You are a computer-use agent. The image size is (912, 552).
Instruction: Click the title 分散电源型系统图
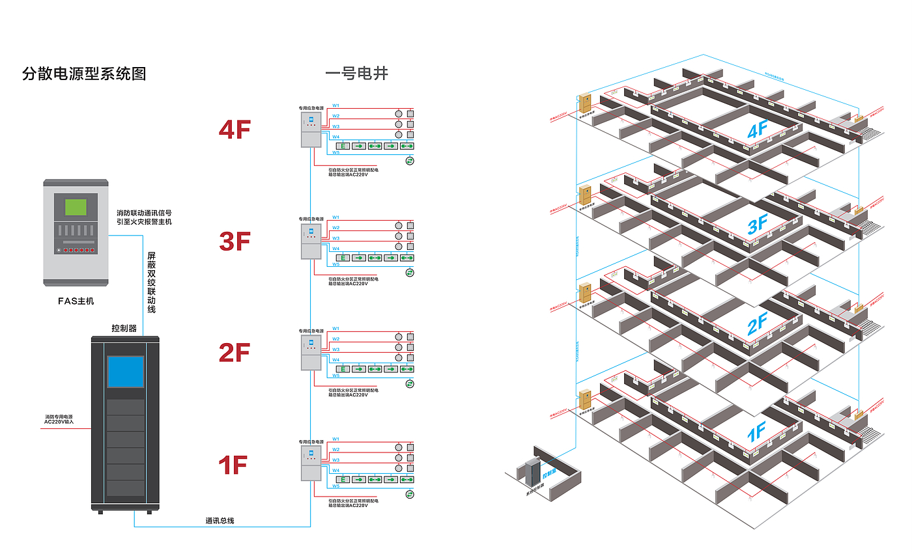coord(84,74)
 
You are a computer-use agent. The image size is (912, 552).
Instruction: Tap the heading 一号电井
coord(356,74)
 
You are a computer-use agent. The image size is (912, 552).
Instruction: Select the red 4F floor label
coord(235,130)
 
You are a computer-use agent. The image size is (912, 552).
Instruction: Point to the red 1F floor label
coord(233,465)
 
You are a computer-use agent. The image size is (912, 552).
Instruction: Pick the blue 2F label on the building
coord(757,324)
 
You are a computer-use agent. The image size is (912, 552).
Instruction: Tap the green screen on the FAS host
coord(76,208)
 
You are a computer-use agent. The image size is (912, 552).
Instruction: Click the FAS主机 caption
coord(76,301)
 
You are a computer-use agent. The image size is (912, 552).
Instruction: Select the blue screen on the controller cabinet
coord(125,372)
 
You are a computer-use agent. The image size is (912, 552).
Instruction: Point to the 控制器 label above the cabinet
coord(124,328)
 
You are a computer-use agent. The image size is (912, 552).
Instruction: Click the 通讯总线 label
coord(220,521)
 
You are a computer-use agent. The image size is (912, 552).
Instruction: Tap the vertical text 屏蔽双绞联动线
coord(151,283)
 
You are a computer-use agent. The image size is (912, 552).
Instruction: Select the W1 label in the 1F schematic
coord(336,439)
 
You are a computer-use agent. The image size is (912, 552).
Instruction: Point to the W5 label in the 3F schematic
coord(336,264)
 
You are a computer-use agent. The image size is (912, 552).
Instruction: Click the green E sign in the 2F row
coord(342,369)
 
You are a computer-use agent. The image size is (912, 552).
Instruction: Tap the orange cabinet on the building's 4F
coord(584,103)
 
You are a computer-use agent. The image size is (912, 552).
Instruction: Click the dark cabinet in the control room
coord(533,471)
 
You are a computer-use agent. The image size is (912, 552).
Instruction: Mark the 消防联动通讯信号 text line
coord(144,213)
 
